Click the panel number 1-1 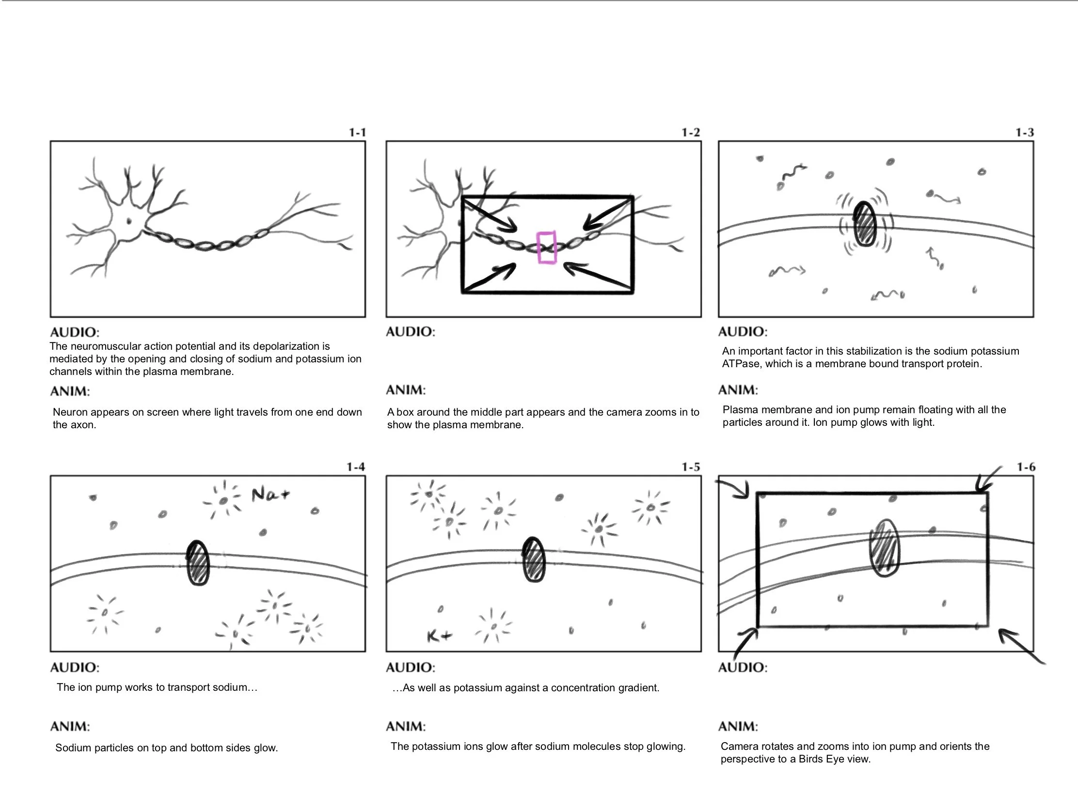click(x=357, y=132)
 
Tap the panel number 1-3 click(x=1024, y=132)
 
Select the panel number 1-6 click(x=1026, y=467)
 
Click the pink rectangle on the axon click(x=546, y=248)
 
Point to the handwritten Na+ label click(x=270, y=495)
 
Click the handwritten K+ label click(x=439, y=636)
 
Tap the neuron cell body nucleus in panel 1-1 click(x=129, y=221)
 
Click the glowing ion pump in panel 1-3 click(x=865, y=224)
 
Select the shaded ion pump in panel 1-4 click(x=198, y=562)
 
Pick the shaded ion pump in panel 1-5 click(x=534, y=559)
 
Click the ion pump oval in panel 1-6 click(x=885, y=548)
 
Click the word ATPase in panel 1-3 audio click(x=740, y=364)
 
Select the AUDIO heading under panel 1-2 click(x=411, y=332)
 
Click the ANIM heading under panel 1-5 click(x=406, y=727)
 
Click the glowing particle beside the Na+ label click(x=223, y=501)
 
